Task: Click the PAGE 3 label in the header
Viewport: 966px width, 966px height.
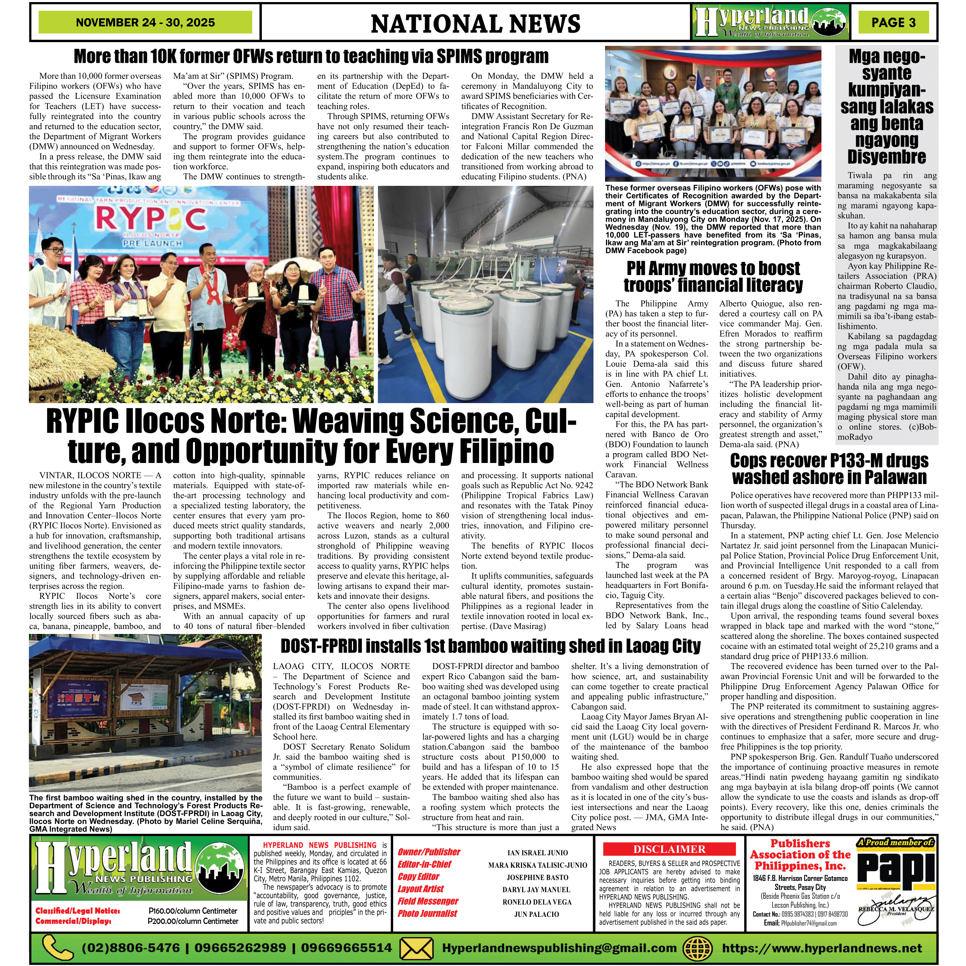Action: tap(893, 22)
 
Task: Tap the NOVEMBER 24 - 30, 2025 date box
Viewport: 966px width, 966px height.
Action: tap(145, 22)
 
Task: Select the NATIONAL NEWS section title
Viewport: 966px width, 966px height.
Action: tap(475, 24)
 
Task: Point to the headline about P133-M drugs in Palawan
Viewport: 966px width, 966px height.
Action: tap(829, 468)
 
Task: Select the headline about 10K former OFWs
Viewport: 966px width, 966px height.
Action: tap(311, 57)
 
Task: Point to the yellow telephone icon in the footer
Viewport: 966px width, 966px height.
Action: tap(57, 947)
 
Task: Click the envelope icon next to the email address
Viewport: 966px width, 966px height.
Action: tap(416, 947)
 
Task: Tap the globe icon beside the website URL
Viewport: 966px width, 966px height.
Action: tap(697, 947)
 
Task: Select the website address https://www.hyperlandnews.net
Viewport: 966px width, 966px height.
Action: tap(821, 947)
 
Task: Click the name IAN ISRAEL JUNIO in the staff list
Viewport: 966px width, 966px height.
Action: tap(537, 852)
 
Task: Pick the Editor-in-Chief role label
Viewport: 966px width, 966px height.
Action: tap(424, 864)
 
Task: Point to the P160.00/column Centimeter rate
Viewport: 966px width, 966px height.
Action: tap(192, 911)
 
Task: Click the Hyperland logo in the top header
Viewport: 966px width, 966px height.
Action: tap(771, 22)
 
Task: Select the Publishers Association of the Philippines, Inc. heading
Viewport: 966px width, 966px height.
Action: tap(800, 854)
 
